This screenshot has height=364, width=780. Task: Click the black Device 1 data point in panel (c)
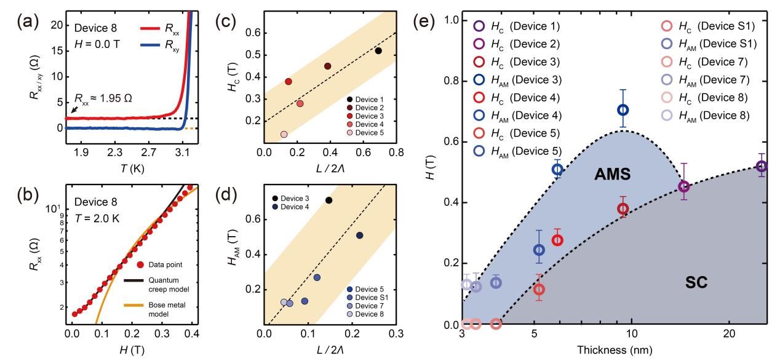click(378, 50)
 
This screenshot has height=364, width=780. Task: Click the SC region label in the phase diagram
click(696, 283)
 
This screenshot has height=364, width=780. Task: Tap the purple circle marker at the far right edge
click(761, 166)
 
